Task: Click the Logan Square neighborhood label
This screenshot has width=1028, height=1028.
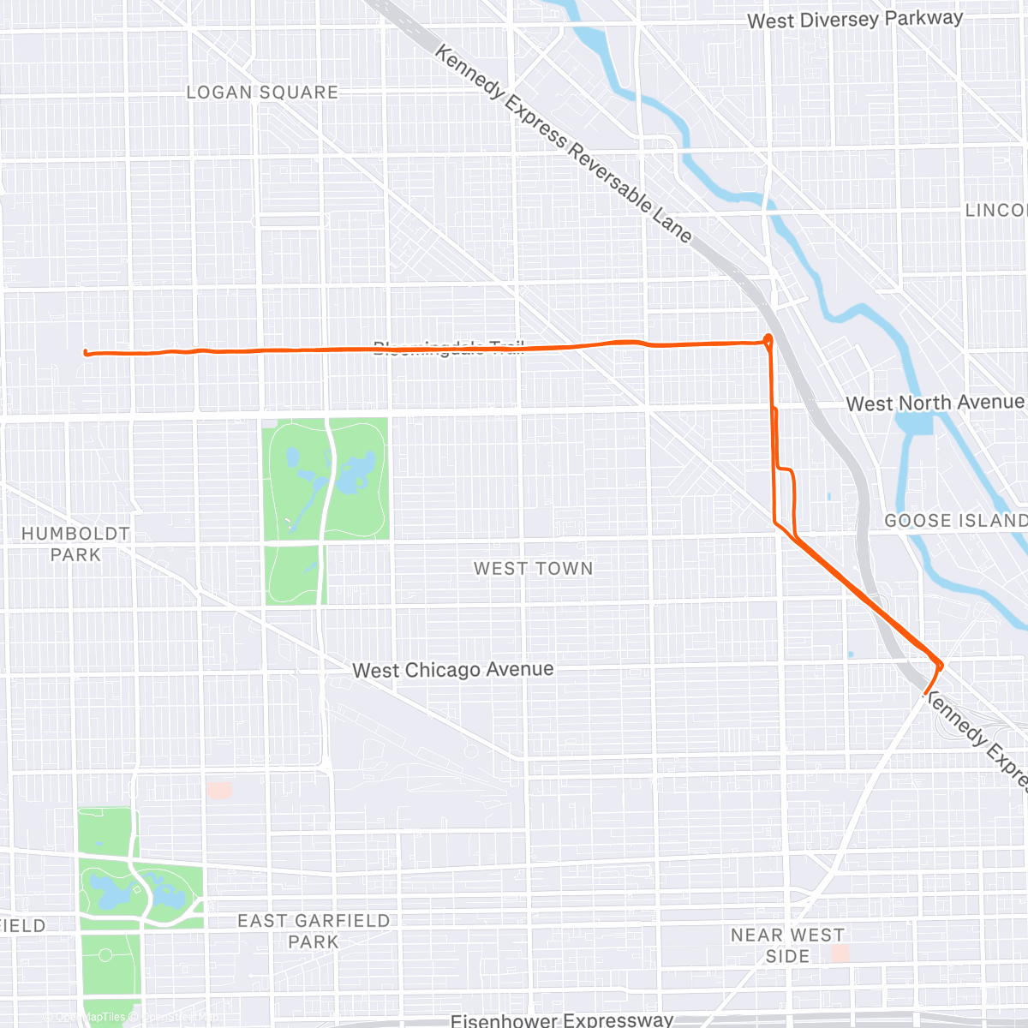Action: pyautogui.click(x=262, y=93)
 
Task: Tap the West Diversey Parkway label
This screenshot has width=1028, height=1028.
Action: pyautogui.click(x=854, y=20)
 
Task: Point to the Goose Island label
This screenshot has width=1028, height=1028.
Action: pyautogui.click(x=954, y=521)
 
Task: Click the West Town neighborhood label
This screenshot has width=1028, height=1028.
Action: pyautogui.click(x=533, y=569)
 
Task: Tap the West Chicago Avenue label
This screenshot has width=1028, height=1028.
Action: pyautogui.click(x=452, y=670)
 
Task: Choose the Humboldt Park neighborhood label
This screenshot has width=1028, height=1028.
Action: pyautogui.click(x=75, y=544)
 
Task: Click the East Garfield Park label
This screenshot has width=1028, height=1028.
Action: pyautogui.click(x=314, y=931)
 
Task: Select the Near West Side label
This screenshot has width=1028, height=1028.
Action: pyautogui.click(x=787, y=946)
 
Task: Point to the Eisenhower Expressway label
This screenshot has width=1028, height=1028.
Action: pyautogui.click(x=562, y=1019)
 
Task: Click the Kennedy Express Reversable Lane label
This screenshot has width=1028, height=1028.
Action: pyautogui.click(x=563, y=144)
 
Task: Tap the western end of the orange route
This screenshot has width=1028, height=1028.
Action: pyautogui.click(x=86, y=352)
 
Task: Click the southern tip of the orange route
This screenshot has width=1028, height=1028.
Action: pyautogui.click(x=926, y=691)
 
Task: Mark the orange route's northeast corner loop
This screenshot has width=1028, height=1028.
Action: pyautogui.click(x=768, y=340)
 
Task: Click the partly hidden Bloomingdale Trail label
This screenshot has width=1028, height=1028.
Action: pyautogui.click(x=448, y=346)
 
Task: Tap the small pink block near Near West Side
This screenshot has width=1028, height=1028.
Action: pyautogui.click(x=840, y=953)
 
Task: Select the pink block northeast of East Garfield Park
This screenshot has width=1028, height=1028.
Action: pyautogui.click(x=219, y=790)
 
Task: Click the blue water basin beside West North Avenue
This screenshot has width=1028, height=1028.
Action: pyautogui.click(x=914, y=422)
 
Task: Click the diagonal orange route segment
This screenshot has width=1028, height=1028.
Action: pyautogui.click(x=865, y=601)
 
